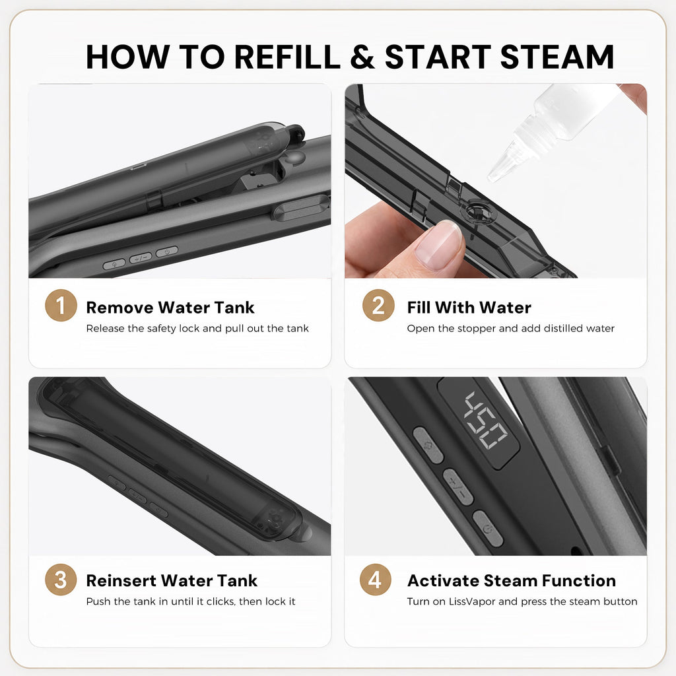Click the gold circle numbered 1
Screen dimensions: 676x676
pyautogui.click(x=61, y=305)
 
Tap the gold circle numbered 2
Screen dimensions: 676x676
pyautogui.click(x=378, y=305)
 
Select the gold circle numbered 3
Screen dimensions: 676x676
pyautogui.click(x=61, y=580)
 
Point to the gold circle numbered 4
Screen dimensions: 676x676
pyautogui.click(x=376, y=580)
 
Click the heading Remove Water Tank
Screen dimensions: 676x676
pyautogui.click(x=170, y=308)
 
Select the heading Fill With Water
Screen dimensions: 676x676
pyautogui.click(x=469, y=308)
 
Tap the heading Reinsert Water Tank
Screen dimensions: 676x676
pyautogui.click(x=172, y=580)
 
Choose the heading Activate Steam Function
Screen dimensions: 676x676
pyautogui.click(x=512, y=580)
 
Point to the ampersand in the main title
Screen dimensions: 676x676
pyautogui.click(x=362, y=57)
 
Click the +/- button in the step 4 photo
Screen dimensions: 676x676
pyautogui.click(x=458, y=487)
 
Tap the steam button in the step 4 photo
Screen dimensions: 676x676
pyautogui.click(x=428, y=446)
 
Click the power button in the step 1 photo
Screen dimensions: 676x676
pyautogui.click(x=167, y=252)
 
